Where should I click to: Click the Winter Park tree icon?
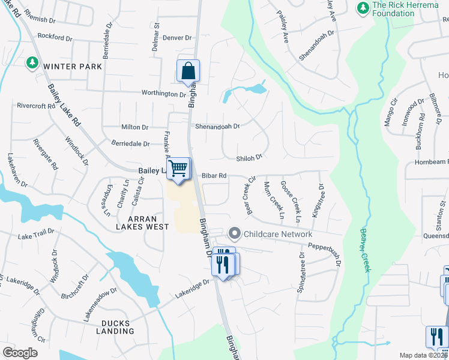[x=31, y=63]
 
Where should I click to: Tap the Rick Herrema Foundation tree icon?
[x=363, y=7]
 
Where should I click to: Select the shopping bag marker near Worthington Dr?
[x=188, y=71]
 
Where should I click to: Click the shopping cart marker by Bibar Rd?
[x=178, y=169]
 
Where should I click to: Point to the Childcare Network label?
[x=277, y=234]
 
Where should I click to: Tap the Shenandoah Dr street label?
[x=217, y=127]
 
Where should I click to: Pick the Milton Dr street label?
[x=135, y=127]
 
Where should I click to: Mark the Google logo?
[x=20, y=353]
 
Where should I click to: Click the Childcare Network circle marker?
[x=235, y=232]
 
